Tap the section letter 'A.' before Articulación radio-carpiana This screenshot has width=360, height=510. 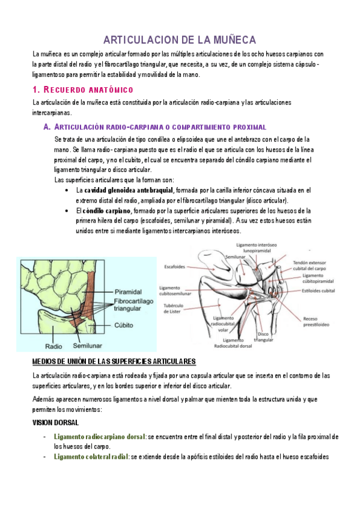coord(47,127)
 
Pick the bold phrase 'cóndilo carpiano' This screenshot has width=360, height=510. coord(107,210)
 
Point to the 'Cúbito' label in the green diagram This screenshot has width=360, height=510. coord(124,323)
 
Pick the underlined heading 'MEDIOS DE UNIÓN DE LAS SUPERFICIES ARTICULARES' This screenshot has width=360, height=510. coord(114,361)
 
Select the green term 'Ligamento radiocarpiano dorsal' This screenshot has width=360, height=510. coord(100,437)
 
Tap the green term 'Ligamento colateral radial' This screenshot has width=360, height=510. coord(91,457)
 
